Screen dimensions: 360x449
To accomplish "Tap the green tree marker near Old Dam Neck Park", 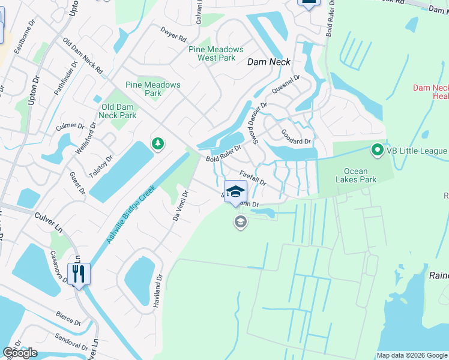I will [x=158, y=144].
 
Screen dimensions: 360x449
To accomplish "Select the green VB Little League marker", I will [x=378, y=150].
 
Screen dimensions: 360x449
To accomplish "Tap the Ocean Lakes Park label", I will [x=355, y=175].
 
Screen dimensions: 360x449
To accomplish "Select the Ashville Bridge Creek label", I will [x=131, y=214].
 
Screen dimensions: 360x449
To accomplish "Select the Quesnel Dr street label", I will [x=285, y=85].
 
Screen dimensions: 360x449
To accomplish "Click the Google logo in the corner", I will [x=20, y=353].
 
